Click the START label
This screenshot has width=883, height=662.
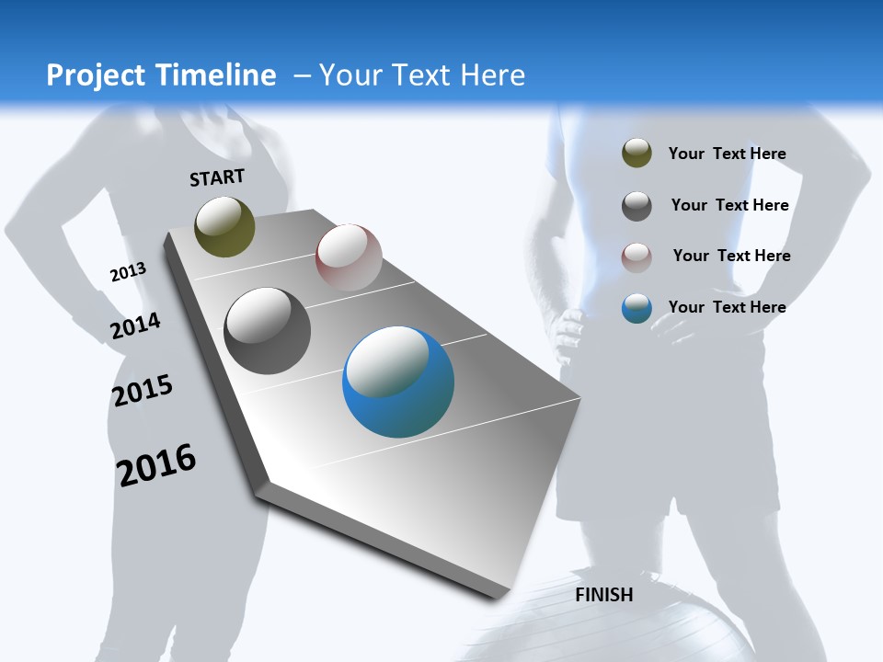click(217, 177)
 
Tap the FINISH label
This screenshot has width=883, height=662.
click(604, 595)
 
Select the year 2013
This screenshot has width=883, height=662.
click(128, 271)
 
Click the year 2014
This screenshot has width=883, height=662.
click(135, 325)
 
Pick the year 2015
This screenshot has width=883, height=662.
click(143, 391)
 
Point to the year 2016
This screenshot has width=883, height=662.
click(156, 464)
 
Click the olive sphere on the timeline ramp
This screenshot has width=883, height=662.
click(224, 226)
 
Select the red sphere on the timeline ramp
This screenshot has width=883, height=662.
click(349, 257)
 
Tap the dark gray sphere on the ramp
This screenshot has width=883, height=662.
click(267, 331)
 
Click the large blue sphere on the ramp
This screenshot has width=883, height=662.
click(398, 382)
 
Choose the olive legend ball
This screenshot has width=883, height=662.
click(636, 154)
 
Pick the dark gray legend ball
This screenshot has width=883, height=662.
click(636, 205)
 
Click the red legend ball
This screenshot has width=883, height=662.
click(636, 257)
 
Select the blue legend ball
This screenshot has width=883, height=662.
click(636, 308)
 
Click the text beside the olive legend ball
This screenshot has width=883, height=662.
click(727, 154)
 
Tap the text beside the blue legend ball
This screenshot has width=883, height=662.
click(727, 307)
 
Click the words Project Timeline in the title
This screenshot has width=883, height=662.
click(161, 75)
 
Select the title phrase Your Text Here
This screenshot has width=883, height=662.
click(421, 75)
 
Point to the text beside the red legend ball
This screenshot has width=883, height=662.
click(731, 256)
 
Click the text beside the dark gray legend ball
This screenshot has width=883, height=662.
click(729, 205)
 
